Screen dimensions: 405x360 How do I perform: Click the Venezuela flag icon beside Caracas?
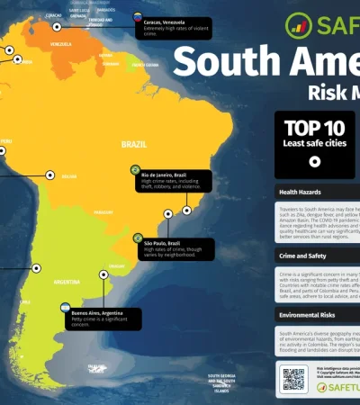tap(138, 17)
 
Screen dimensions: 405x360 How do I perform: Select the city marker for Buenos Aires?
tap(102, 277)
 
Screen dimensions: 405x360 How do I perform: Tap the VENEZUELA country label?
tap(61, 43)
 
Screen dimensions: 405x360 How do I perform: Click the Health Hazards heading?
tap(302, 193)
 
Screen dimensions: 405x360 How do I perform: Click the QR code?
tap(293, 378)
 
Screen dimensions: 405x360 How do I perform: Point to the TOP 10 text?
tap(315, 127)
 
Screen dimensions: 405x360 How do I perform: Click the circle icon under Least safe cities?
tap(315, 162)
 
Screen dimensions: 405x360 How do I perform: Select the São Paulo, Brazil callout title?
tap(162, 243)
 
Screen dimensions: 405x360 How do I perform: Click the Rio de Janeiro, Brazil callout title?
tap(168, 175)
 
